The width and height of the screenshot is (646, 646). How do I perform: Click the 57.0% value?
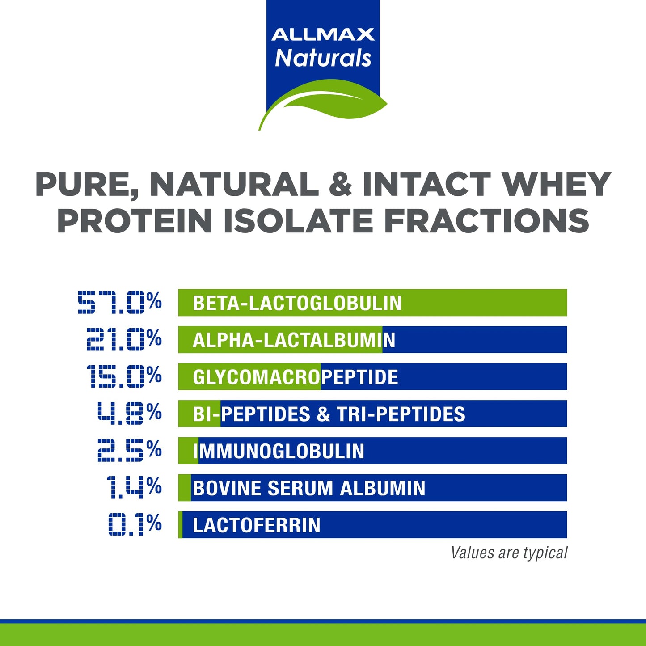click(119, 303)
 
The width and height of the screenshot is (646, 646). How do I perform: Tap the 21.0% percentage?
click(124, 339)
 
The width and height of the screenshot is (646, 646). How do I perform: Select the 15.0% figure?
click(124, 376)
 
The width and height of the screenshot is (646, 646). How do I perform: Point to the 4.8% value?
click(130, 413)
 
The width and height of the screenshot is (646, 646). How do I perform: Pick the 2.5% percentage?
click(130, 450)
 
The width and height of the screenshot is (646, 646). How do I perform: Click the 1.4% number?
click(134, 487)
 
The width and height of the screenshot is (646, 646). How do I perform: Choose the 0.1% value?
click(135, 524)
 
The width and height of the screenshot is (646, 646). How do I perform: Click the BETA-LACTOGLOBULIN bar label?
click(297, 303)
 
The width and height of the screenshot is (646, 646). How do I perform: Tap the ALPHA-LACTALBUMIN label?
click(294, 340)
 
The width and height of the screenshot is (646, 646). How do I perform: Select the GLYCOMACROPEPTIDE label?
click(295, 377)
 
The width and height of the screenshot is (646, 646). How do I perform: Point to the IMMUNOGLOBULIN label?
click(279, 451)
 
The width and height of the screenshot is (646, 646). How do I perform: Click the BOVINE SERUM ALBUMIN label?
click(308, 488)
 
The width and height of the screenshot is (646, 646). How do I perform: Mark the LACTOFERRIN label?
click(256, 525)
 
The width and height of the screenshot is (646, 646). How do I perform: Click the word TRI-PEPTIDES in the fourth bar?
click(401, 414)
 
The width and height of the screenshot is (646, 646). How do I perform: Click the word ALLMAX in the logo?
click(323, 34)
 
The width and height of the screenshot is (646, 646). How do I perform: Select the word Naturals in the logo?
click(323, 58)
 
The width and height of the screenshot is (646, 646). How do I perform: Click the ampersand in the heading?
click(340, 185)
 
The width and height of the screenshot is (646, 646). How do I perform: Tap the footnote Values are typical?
click(509, 553)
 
